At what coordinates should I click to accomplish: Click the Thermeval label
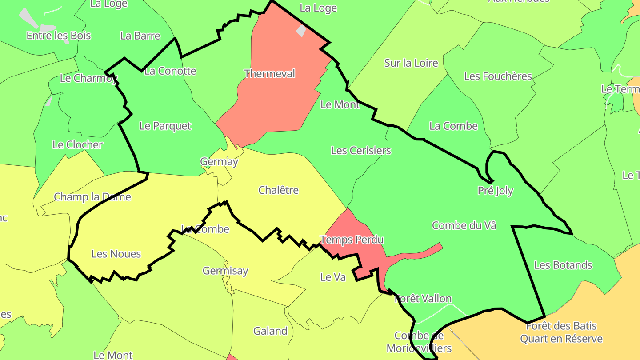[269, 74]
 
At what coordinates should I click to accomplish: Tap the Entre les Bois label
[59, 36]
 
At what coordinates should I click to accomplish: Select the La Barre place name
[140, 36]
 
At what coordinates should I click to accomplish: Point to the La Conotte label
[170, 71]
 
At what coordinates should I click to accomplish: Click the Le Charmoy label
[88, 79]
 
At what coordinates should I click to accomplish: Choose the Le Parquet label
[165, 126]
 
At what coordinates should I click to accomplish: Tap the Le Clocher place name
[77, 145]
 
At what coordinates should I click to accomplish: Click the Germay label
[219, 162]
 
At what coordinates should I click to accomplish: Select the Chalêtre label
[278, 190]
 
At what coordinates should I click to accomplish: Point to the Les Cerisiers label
[361, 151]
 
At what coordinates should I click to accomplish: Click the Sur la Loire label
[411, 63]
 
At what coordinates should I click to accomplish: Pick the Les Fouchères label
[498, 76]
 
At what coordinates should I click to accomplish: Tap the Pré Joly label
[495, 191]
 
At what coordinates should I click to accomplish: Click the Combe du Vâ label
[464, 226]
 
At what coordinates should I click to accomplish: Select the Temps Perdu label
[352, 240]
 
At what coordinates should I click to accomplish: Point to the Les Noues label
[116, 254]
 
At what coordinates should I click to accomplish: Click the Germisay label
[225, 271]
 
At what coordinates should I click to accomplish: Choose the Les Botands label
[563, 265]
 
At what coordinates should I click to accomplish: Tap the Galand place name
[270, 331]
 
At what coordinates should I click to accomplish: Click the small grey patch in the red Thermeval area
[301, 31]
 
